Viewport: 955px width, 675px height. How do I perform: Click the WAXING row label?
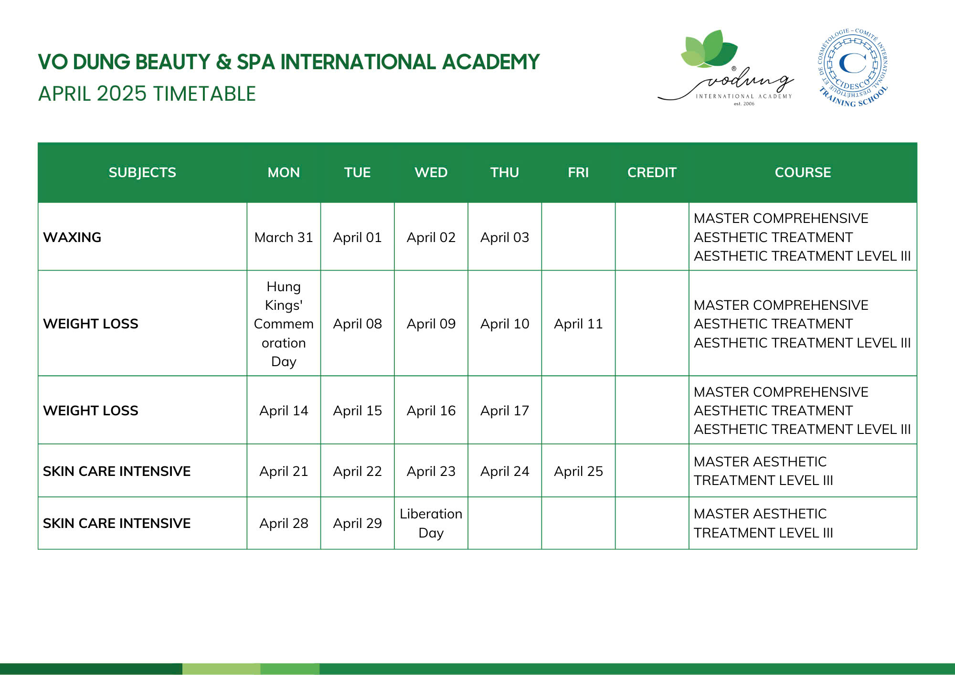click(72, 237)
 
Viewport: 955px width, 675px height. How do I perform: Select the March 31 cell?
click(284, 237)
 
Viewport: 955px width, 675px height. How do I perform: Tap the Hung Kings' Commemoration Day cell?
click(284, 324)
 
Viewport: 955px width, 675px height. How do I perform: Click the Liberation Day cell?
click(431, 523)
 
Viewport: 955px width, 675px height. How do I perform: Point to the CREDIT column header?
click(652, 172)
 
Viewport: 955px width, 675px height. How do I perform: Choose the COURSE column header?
click(803, 172)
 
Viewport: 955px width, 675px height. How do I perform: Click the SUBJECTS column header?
click(142, 172)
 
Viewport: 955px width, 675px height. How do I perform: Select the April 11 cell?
click(578, 324)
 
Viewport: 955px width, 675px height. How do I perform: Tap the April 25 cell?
click(578, 471)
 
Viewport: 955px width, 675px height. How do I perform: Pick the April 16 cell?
click(431, 411)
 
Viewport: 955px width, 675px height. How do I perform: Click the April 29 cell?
click(358, 523)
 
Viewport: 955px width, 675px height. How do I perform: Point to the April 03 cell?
click(505, 237)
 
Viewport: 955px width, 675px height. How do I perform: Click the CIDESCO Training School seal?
click(853, 67)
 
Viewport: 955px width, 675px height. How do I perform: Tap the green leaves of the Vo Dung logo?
click(709, 49)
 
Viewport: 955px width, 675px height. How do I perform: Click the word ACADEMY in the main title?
click(490, 62)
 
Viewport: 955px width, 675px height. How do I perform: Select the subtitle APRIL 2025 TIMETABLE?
click(147, 94)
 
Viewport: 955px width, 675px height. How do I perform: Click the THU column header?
click(505, 172)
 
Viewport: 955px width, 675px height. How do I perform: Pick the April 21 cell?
click(284, 471)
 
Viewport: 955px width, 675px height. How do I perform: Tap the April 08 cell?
click(358, 324)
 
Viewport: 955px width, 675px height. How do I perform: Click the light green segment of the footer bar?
click(221, 669)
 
